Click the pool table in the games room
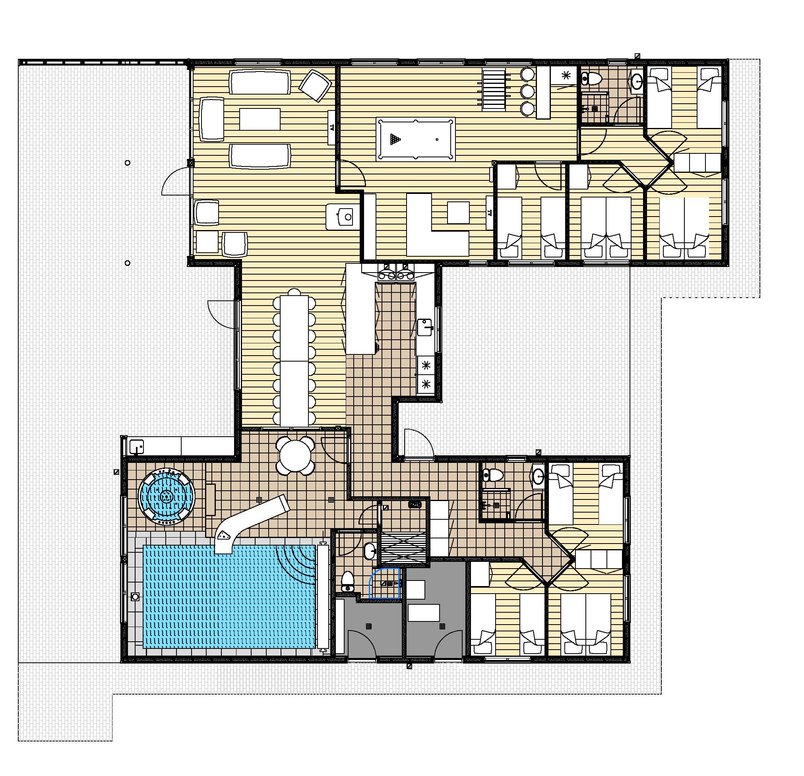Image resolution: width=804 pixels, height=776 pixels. click(416, 139)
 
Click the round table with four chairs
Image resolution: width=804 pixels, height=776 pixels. click(295, 455)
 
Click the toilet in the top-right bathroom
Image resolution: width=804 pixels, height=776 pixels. click(590, 78)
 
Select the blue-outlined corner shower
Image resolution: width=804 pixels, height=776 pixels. click(384, 584)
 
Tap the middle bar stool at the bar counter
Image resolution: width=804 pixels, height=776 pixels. click(527, 91)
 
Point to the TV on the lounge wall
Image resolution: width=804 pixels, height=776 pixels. click(331, 128)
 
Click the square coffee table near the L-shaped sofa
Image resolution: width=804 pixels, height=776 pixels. click(458, 213)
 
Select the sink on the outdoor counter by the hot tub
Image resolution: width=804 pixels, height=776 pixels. click(137, 446)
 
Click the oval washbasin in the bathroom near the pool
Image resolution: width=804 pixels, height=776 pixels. click(370, 550)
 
